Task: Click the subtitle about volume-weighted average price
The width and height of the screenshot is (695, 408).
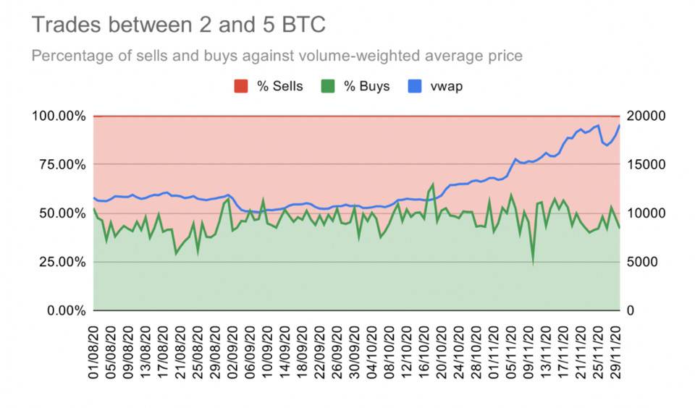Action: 277,56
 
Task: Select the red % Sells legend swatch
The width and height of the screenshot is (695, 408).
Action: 241,87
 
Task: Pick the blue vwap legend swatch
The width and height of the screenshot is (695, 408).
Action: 419,87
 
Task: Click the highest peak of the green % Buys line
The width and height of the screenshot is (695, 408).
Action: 433,184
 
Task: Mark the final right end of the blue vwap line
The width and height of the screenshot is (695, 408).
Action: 620,126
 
